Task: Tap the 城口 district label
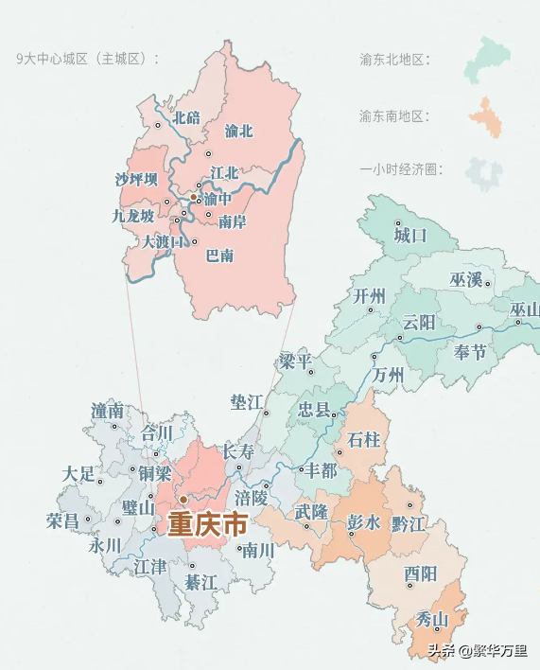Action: (411, 234)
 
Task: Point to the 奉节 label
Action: (470, 352)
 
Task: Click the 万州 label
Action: (389, 375)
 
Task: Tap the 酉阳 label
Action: (420, 573)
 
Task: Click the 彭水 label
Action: (364, 522)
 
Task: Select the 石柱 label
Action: (364, 439)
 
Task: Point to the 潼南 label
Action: (108, 411)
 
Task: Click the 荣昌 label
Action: (62, 520)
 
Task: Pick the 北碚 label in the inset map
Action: (186, 118)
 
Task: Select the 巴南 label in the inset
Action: (220, 256)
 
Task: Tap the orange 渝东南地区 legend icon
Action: (485, 116)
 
